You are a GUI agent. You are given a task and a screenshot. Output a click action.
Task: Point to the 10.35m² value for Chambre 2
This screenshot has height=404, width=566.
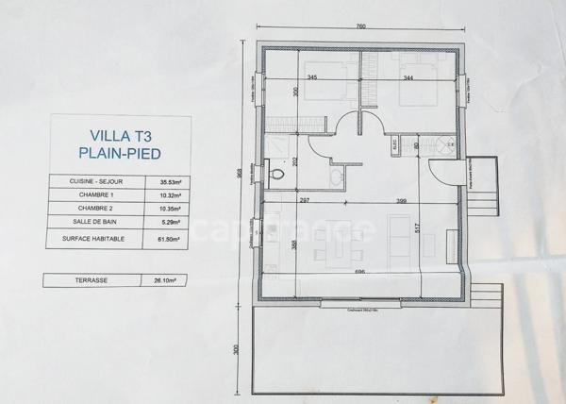tap(171, 210)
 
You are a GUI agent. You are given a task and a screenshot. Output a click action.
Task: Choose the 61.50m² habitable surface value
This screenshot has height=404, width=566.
tap(171, 241)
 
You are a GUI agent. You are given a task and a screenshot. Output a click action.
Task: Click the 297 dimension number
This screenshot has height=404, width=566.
tap(304, 201)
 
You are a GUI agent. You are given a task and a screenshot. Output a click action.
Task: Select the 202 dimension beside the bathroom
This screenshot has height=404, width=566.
tap(297, 160)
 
